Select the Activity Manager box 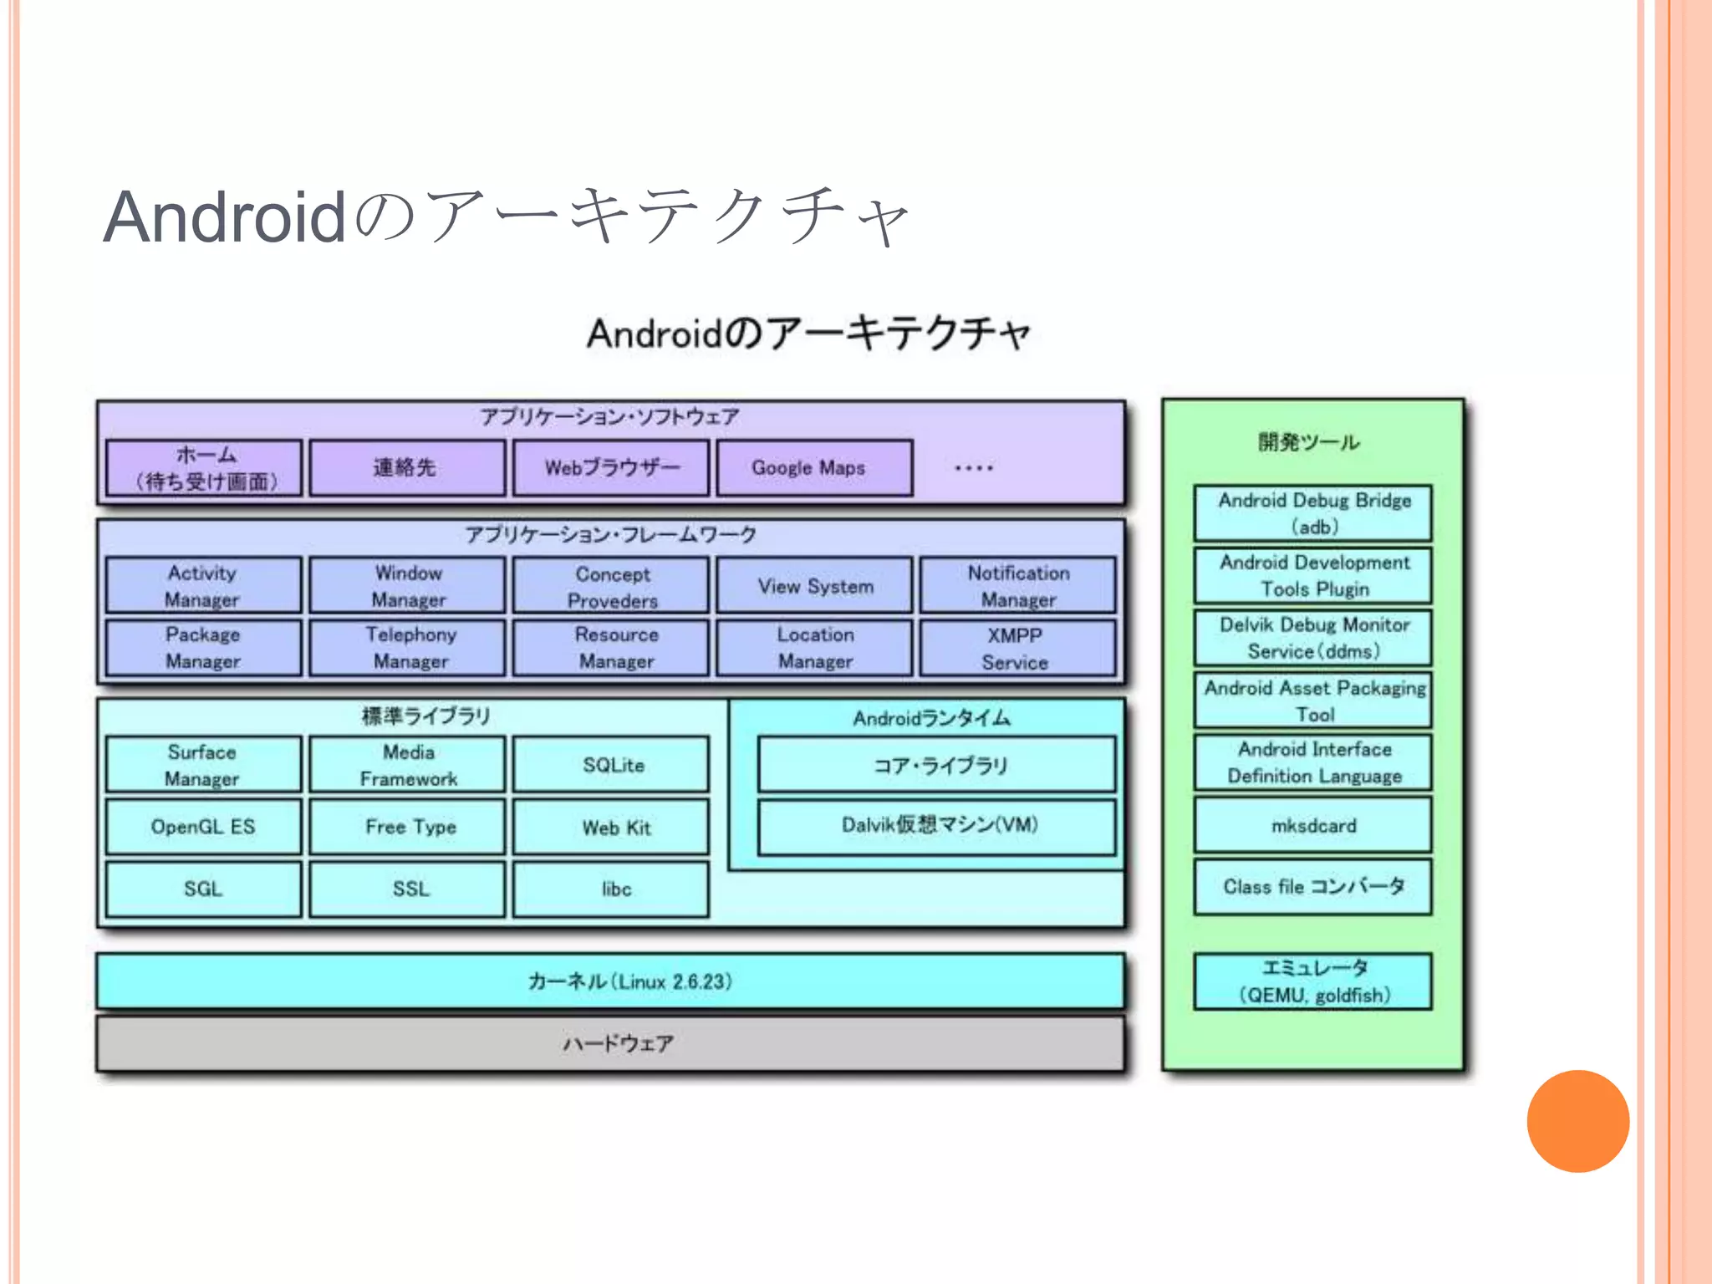tap(203, 586)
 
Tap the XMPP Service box tap(1017, 649)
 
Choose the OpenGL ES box tap(203, 827)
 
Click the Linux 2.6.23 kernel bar tap(610, 981)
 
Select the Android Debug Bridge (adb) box tap(1312, 513)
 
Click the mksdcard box tap(1312, 826)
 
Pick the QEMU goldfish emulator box tap(1312, 981)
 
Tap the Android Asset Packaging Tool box tap(1312, 701)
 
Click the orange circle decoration tap(1577, 1121)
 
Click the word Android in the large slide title tap(224, 217)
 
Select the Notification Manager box tap(1017, 586)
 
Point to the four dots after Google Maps tap(973, 468)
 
